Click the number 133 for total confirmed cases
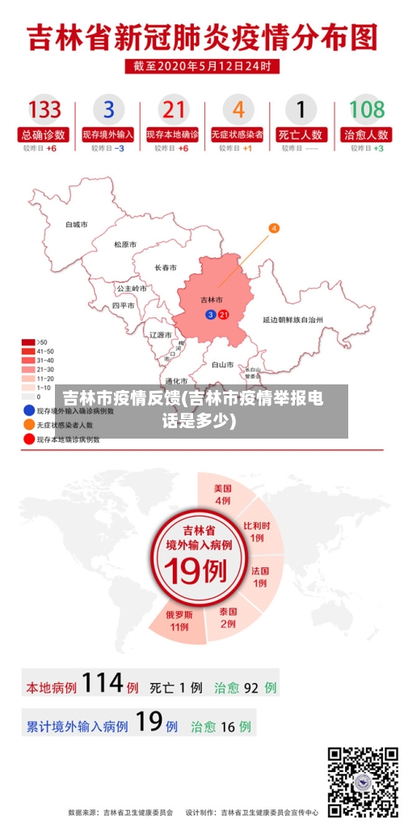click(45, 108)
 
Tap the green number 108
click(366, 108)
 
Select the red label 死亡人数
click(301, 134)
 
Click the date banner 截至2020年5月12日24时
click(202, 66)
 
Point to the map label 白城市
click(77, 224)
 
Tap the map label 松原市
click(125, 244)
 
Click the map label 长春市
click(166, 267)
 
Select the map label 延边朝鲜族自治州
click(292, 320)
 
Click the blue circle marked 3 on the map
click(211, 314)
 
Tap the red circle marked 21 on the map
click(224, 314)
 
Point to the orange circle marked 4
click(274, 228)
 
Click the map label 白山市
click(222, 364)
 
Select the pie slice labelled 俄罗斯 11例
click(179, 619)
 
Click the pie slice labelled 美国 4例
click(223, 494)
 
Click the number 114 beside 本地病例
click(102, 684)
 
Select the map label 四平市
click(124, 306)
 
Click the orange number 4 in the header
click(238, 108)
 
